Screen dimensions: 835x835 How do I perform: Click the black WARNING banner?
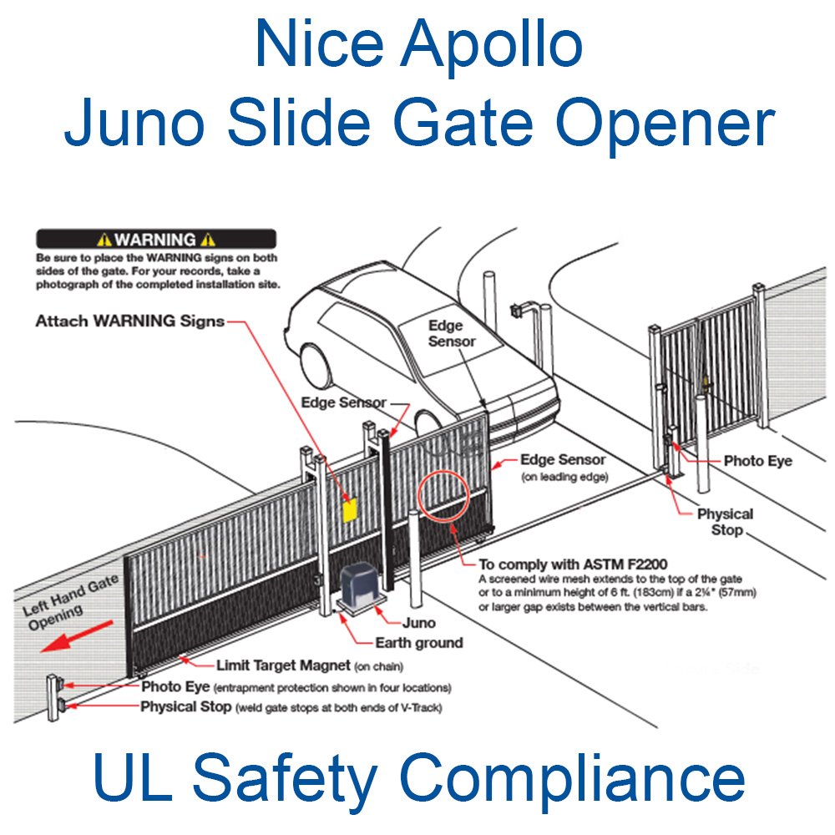click(156, 239)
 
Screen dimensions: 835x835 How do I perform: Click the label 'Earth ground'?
click(419, 642)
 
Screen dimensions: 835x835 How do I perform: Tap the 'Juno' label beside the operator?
click(418, 622)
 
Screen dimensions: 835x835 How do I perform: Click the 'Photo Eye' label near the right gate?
click(757, 461)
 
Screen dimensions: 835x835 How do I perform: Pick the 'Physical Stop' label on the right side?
click(725, 522)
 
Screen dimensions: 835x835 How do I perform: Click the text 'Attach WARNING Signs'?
click(130, 321)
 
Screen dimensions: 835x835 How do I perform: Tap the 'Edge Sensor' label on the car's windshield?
click(452, 332)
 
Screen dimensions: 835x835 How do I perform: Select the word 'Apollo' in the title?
click(489, 45)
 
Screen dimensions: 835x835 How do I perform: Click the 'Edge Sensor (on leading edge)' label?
click(563, 468)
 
